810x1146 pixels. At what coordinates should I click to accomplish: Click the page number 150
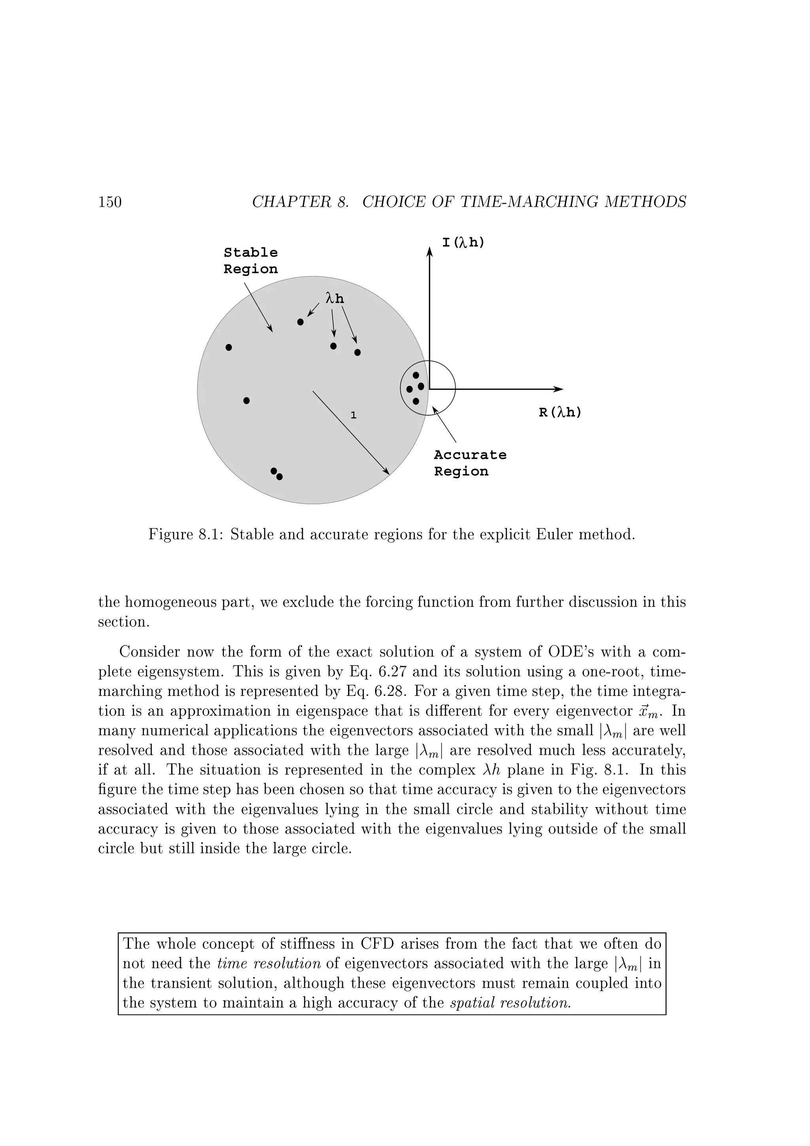tap(110, 202)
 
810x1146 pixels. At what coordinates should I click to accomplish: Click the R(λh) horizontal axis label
tap(560, 413)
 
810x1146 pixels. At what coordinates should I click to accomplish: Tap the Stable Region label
tap(250, 261)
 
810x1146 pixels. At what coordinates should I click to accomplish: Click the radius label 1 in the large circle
tap(353, 415)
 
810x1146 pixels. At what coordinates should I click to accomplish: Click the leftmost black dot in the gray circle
tap(229, 347)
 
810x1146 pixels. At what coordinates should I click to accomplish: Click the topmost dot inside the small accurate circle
tap(416, 375)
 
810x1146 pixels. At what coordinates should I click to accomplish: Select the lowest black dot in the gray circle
tap(280, 477)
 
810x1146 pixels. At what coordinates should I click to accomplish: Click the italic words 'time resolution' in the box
tap(269, 963)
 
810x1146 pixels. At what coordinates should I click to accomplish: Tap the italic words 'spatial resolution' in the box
tap(510, 1003)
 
